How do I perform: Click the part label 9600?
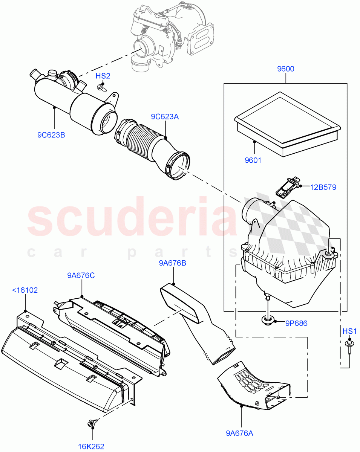tap(285, 69)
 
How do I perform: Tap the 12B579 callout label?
tap(323, 187)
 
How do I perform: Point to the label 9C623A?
tap(165, 117)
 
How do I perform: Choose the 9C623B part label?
tap(51, 134)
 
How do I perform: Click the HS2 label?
tap(103, 76)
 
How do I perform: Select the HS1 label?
tap(349, 331)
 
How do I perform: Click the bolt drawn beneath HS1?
tap(349, 346)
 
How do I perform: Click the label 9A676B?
tap(172, 263)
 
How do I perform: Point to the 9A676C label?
tap(81, 276)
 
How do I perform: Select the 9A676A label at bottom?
tap(240, 434)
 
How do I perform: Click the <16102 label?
tap(25, 290)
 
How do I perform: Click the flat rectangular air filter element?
tap(287, 119)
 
